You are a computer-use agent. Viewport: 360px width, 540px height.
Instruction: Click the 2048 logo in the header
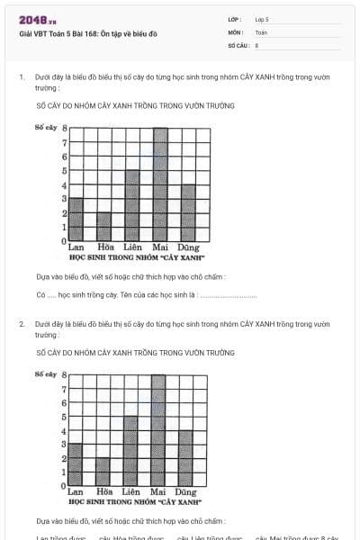31,19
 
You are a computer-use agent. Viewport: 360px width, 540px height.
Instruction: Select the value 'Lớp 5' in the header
262,19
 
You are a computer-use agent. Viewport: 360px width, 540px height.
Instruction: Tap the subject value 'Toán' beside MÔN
261,31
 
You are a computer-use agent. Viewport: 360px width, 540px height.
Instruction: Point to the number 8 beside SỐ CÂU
256,45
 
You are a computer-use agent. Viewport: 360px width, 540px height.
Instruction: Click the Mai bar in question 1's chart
160,184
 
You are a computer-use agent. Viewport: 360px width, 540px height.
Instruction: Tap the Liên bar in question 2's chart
131,451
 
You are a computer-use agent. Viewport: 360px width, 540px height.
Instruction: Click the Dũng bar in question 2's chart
186,458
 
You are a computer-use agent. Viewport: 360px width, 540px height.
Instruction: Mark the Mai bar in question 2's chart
158,430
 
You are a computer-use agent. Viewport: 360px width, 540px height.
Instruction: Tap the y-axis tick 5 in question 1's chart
64,171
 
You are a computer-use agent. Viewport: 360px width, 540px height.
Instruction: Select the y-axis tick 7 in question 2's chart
63,389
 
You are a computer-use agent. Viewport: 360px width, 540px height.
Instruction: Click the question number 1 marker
21,77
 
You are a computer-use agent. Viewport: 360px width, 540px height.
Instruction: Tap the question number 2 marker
22,323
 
